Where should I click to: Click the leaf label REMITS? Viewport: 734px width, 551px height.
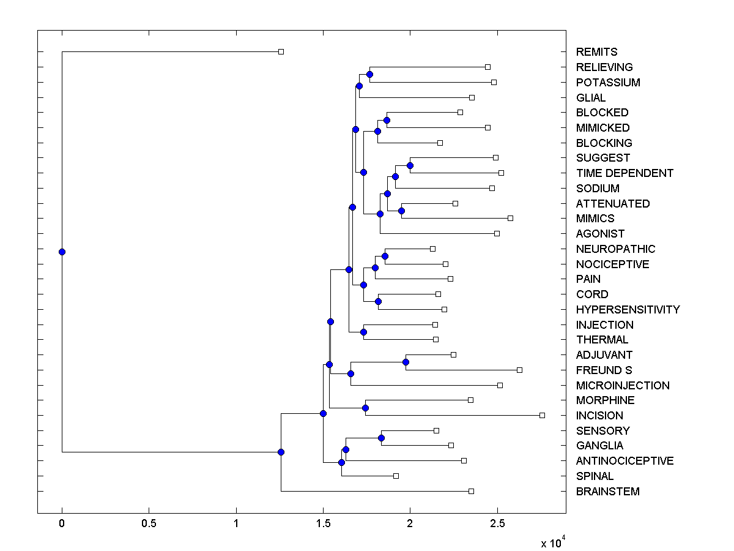(596, 52)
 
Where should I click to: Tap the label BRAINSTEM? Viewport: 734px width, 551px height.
(607, 492)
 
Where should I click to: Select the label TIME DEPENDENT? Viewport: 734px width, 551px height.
(625, 173)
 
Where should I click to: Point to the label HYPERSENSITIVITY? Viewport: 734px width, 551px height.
(628, 310)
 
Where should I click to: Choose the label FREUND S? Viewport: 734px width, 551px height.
(604, 370)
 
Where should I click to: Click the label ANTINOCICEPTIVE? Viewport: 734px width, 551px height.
(625, 461)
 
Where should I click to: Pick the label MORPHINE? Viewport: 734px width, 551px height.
(605, 400)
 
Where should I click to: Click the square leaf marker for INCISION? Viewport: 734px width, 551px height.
(542, 415)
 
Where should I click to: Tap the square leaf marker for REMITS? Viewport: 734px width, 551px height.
(281, 51)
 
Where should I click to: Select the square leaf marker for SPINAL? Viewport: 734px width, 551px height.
(396, 476)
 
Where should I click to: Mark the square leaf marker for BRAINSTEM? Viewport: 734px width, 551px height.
(471, 491)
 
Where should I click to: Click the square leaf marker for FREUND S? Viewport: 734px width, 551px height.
(519, 370)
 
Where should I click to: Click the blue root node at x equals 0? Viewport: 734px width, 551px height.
(62, 252)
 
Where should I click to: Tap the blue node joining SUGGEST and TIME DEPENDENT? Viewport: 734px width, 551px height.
(410, 165)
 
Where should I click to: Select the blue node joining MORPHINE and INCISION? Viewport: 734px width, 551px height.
(365, 408)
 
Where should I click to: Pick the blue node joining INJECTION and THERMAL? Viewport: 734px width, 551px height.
(363, 332)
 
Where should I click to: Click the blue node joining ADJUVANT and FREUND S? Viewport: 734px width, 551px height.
(406, 362)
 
